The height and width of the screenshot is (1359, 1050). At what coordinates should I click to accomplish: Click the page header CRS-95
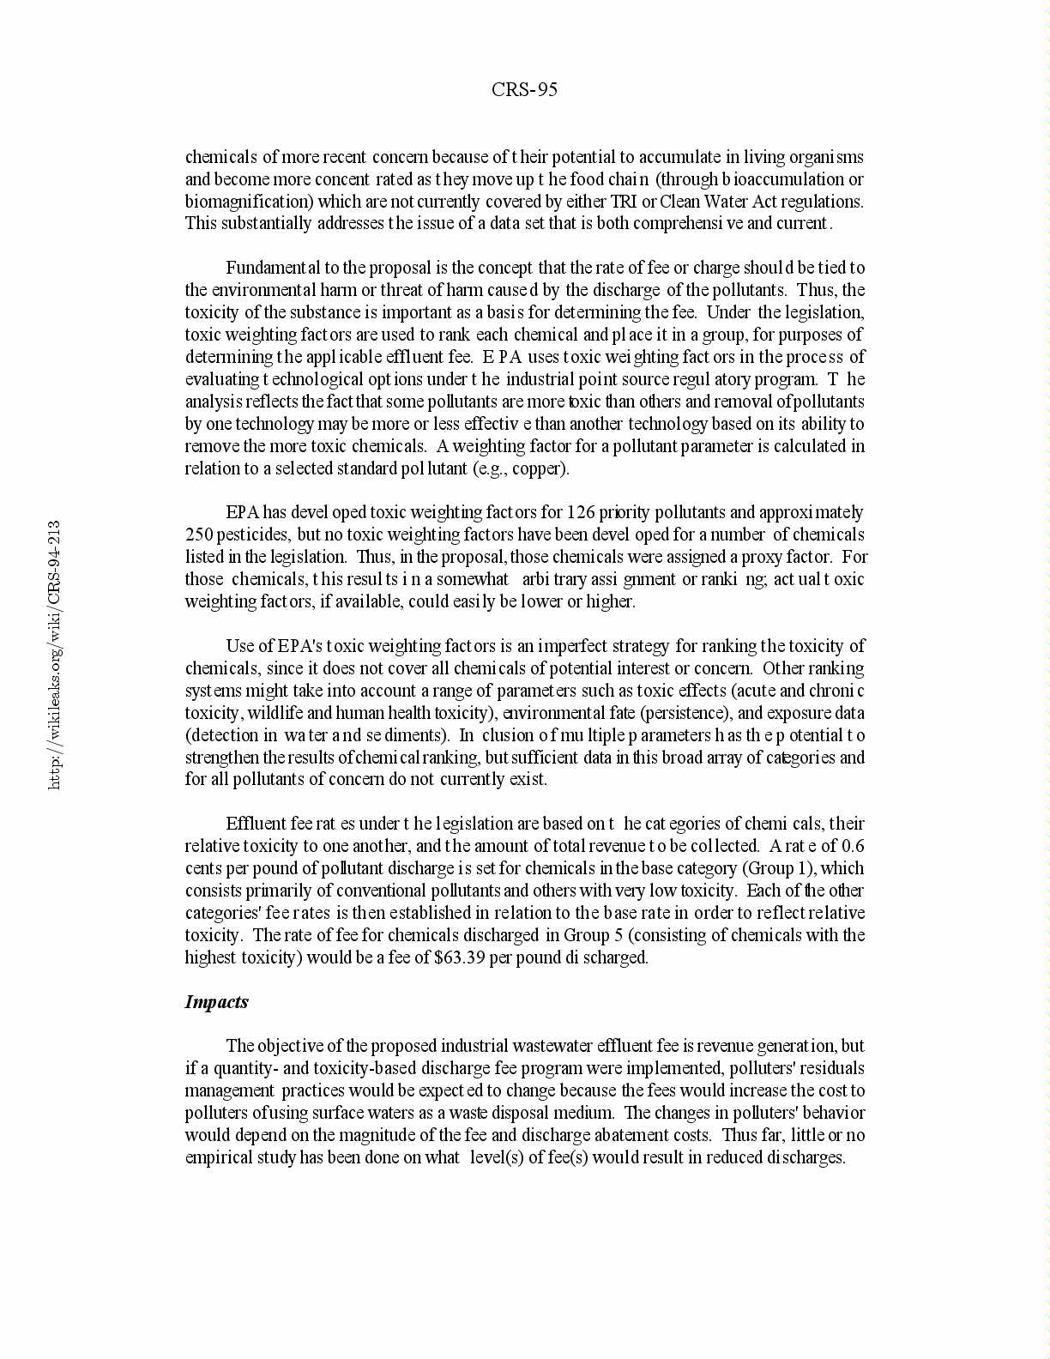[x=524, y=89]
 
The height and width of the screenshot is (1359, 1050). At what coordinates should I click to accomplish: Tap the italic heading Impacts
[x=216, y=1001]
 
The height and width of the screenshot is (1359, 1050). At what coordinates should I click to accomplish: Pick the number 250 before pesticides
[x=199, y=535]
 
